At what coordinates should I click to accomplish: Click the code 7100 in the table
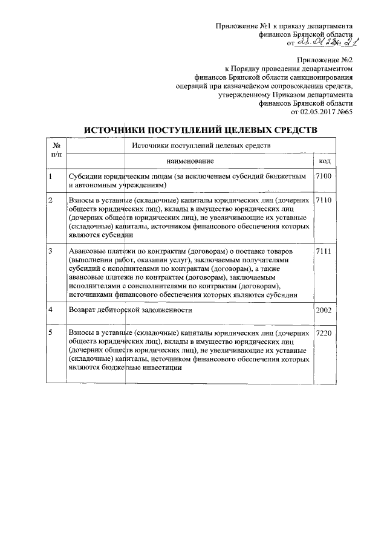point(324,176)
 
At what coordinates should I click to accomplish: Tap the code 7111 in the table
point(324,251)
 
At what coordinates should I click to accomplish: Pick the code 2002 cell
point(324,310)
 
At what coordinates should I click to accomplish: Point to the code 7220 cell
point(324,334)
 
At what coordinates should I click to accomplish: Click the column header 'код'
point(324,161)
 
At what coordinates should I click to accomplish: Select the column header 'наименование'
point(190,161)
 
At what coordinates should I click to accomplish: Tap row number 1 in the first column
point(51,176)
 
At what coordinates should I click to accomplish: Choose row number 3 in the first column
point(51,251)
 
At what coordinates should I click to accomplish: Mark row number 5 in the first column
point(51,334)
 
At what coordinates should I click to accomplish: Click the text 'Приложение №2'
point(324,60)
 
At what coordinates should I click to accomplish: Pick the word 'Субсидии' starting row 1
point(85,176)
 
